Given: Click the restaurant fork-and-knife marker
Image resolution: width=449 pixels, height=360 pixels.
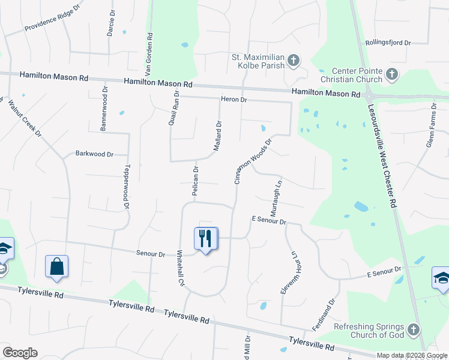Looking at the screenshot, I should [x=206, y=239].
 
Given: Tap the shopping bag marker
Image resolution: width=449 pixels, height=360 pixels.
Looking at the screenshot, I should [x=56, y=267].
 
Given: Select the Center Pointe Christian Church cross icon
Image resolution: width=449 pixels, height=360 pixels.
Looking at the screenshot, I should [x=391, y=74].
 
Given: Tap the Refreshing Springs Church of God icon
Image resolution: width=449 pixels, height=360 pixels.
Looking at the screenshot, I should [x=412, y=329].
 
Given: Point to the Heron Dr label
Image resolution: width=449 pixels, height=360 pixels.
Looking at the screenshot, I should [x=235, y=99].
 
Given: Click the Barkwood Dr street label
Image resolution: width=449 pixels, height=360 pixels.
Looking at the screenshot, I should [x=94, y=154].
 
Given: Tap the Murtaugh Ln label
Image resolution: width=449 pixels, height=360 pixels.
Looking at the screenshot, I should [x=277, y=199].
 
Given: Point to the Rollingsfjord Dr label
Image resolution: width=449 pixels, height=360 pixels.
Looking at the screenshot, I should [x=388, y=43].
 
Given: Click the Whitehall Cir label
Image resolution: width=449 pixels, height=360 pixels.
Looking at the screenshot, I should [x=179, y=268].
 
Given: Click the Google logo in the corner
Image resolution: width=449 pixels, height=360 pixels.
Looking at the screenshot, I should [x=20, y=353].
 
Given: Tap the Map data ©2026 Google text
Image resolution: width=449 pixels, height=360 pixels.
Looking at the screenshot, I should [x=411, y=355].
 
